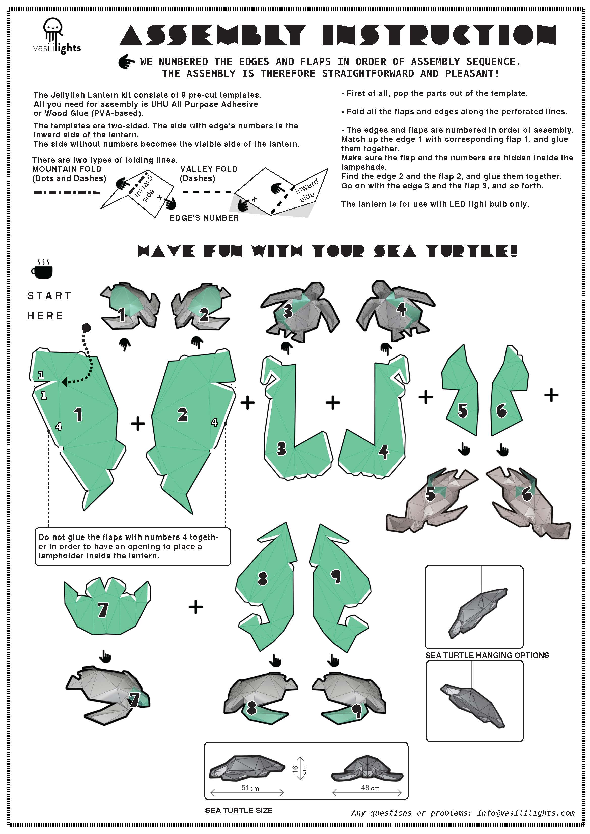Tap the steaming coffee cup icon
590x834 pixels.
pos(42,269)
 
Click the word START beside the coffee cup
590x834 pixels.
pos(49,296)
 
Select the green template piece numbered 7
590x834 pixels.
pos(107,605)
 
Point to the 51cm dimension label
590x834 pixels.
pos(250,788)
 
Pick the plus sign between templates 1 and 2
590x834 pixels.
pos(138,424)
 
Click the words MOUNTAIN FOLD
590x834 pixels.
pos(67,169)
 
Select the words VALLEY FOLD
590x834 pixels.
pos(209,169)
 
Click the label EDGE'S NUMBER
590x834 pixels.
pos(204,218)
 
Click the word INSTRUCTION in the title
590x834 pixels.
pos(439,35)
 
